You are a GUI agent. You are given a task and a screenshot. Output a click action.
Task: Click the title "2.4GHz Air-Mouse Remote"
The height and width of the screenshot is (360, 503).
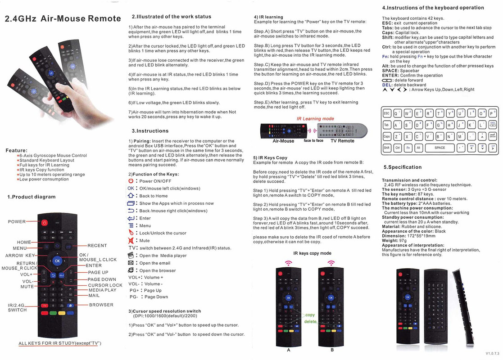tap(63, 19)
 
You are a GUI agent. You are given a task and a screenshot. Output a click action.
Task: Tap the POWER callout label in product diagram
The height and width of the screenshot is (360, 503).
tap(17, 221)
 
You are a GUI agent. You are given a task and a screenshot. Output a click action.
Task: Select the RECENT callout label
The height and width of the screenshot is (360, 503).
tap(97, 246)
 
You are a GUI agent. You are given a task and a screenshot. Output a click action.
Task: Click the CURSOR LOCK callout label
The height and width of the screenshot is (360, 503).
tap(105, 285)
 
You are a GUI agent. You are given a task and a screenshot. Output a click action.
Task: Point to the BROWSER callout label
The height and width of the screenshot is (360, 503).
tap(101, 305)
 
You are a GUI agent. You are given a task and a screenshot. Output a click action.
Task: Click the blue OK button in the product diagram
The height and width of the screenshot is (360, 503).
tap(57, 261)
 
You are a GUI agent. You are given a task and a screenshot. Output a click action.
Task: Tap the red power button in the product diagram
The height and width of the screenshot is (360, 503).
tap(44, 222)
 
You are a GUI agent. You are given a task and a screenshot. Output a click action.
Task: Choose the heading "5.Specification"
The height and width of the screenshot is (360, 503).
tap(403, 167)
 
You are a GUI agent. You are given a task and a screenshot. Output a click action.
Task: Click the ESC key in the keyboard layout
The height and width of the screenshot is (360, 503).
tap(387, 113)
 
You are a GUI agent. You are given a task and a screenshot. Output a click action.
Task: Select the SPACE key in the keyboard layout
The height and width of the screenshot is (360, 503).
tap(440, 148)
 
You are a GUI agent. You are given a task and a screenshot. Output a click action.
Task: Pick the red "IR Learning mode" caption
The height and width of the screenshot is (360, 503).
tap(315, 119)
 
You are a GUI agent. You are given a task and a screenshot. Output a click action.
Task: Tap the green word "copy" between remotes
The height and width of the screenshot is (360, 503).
tap(310, 315)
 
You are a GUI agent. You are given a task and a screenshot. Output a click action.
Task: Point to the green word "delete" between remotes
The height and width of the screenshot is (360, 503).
tap(310, 321)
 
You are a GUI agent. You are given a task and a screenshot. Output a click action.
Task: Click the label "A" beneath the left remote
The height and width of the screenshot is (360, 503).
tap(288, 350)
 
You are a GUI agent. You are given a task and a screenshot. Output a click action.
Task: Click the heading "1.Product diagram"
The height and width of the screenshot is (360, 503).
tap(32, 197)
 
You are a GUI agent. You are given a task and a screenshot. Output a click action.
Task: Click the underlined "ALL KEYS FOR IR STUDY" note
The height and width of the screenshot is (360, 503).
tap(59, 343)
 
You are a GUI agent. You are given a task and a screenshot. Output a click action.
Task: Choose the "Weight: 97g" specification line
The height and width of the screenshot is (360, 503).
tap(394, 241)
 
